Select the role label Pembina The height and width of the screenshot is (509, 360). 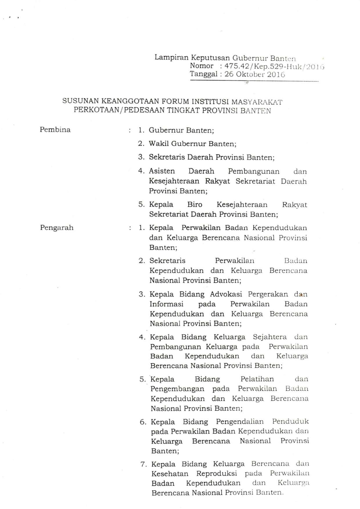pyautogui.click(x=55, y=130)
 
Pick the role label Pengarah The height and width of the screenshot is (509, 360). pyautogui.click(x=57, y=227)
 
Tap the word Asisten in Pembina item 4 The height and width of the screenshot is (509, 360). pyautogui.click(x=162, y=171)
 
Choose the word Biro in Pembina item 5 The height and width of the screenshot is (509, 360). pyautogui.click(x=195, y=205)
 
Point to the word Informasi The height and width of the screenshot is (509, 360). pyautogui.click(x=166, y=304)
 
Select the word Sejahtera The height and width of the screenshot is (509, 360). pyautogui.click(x=270, y=337)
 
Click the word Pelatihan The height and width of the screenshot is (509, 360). pyautogui.click(x=257, y=379)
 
